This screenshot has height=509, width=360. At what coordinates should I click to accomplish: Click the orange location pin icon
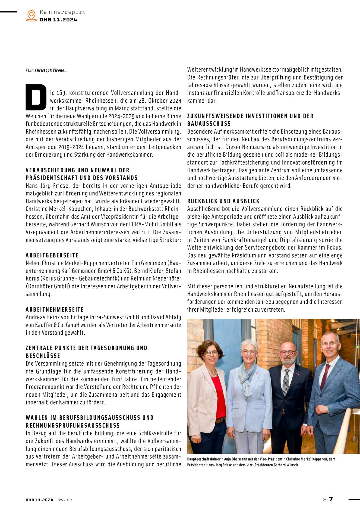tap(31, 15)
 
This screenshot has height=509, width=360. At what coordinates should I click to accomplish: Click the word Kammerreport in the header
tap(62, 12)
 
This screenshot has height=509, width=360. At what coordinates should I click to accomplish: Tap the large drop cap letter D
tap(36, 97)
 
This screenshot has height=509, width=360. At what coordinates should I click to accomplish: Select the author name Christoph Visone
tap(50, 70)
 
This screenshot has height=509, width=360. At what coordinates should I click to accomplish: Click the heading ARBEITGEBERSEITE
tap(52, 255)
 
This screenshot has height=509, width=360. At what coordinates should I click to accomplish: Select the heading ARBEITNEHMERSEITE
tap(55, 309)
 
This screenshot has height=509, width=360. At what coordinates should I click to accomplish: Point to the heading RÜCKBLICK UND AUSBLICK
tap(223, 201)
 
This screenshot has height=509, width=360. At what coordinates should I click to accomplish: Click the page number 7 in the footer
tap(331, 499)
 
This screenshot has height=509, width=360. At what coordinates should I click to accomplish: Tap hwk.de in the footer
tap(65, 500)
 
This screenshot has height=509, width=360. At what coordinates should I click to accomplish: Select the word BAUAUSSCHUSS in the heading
tap(209, 124)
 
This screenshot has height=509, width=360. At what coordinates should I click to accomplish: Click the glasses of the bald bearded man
tap(288, 353)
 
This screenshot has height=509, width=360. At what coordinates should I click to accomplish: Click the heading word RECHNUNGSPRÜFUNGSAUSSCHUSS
tap(73, 425)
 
